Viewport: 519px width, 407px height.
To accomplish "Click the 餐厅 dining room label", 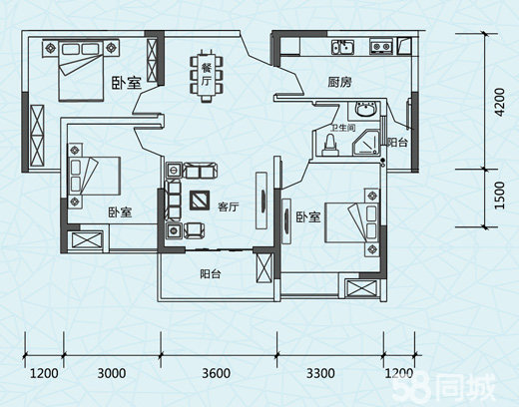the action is [x=207, y=75].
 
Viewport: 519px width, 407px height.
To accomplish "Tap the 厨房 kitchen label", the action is [x=339, y=82].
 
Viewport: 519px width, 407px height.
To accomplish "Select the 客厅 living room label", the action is [x=229, y=206].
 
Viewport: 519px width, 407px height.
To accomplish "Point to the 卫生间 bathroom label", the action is [x=343, y=128].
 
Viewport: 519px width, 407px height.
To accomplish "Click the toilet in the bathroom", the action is [x=330, y=145].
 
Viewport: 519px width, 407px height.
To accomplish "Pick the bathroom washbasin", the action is [x=366, y=109].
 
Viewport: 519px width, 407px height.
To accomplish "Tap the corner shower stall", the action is [x=366, y=144].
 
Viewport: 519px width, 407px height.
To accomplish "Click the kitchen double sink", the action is [x=342, y=47].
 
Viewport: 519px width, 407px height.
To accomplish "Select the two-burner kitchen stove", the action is [x=381, y=47].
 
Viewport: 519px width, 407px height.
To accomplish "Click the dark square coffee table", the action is [x=200, y=201].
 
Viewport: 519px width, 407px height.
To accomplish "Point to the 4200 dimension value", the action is [x=499, y=102].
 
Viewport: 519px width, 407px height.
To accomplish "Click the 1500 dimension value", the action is [x=499, y=196].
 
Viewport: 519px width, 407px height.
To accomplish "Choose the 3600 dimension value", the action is [x=216, y=373].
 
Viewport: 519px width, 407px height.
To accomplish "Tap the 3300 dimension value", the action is [x=320, y=373].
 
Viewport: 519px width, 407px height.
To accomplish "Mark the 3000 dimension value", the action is [x=112, y=373].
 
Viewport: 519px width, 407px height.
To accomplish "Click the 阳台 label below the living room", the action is [x=211, y=274].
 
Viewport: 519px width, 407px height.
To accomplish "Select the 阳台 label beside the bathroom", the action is [x=397, y=143].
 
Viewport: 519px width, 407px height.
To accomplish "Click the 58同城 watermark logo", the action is [x=443, y=387].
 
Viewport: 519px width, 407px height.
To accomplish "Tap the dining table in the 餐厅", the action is [x=207, y=75].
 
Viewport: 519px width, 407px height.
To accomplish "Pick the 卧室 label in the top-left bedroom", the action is [x=127, y=83].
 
